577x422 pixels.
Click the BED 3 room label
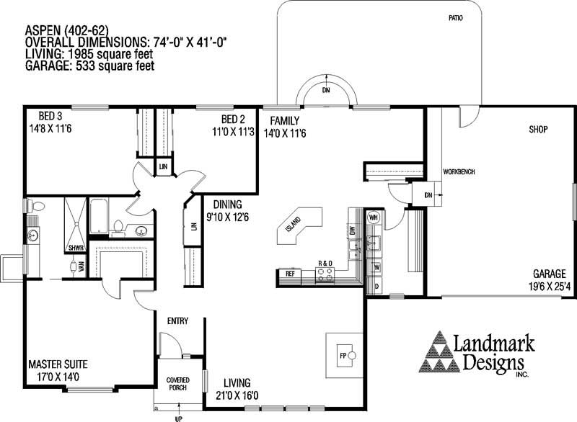click(50, 123)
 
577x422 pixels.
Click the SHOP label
click(539, 130)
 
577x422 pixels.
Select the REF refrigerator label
click(290, 274)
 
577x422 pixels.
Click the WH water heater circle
click(374, 217)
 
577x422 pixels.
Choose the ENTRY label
click(177, 320)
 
